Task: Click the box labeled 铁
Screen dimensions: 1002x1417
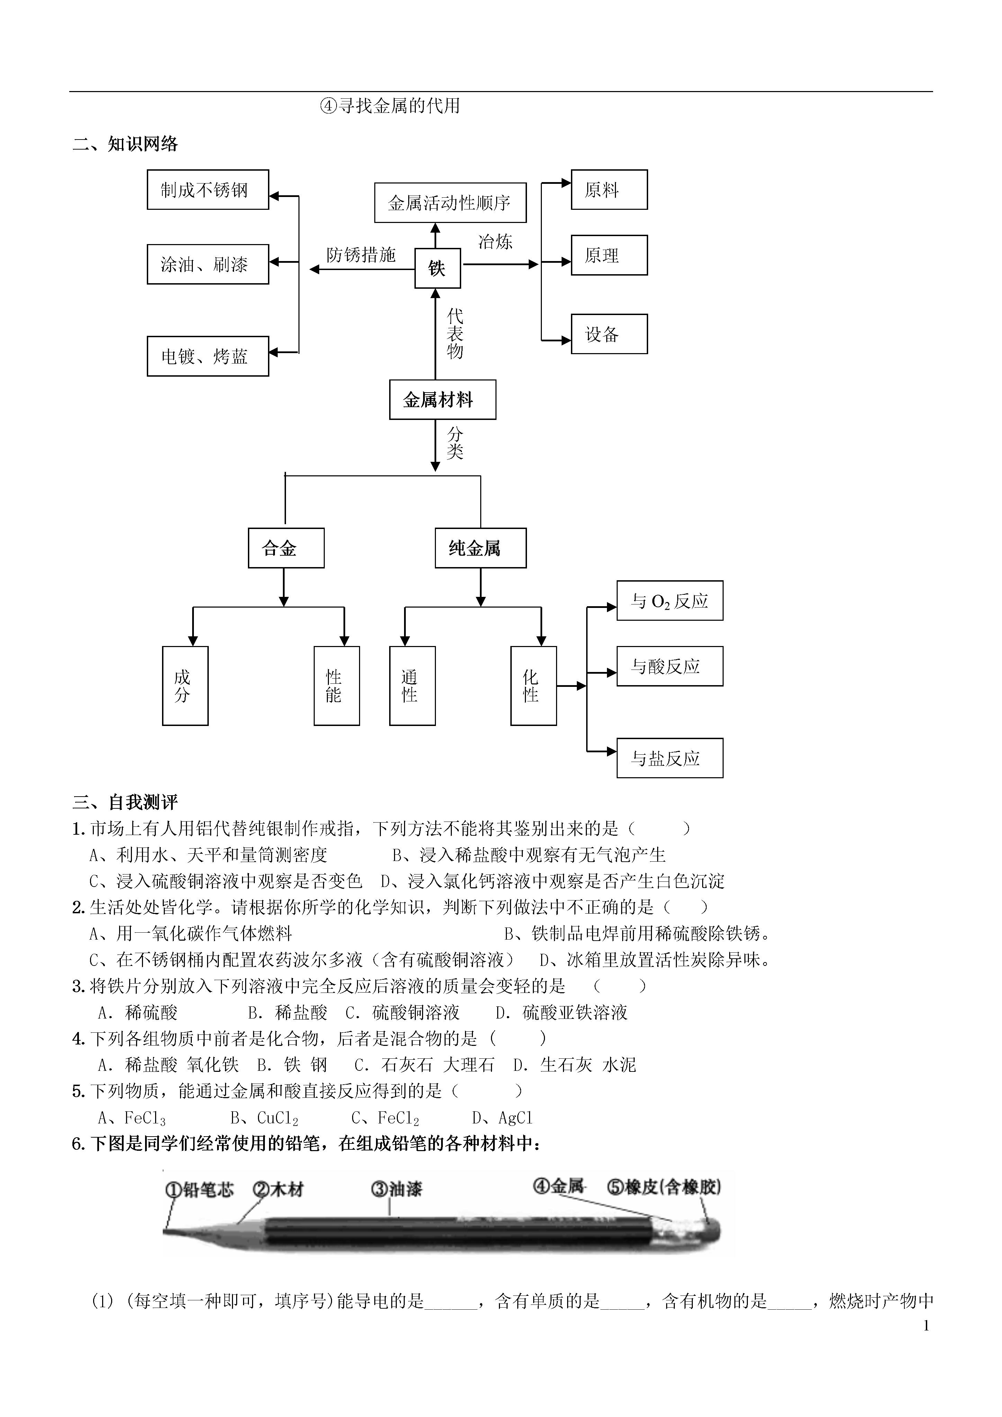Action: point(437,268)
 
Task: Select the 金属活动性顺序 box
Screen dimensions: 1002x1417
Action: point(450,203)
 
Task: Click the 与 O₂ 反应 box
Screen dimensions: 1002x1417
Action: point(670,601)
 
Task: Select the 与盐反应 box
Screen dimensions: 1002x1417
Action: point(670,758)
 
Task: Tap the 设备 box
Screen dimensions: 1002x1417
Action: point(609,334)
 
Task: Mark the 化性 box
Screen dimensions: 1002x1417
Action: point(534,686)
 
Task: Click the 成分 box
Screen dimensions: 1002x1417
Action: point(185,686)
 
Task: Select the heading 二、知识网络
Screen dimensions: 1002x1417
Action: point(125,144)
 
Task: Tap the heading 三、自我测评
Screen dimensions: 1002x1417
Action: point(125,802)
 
